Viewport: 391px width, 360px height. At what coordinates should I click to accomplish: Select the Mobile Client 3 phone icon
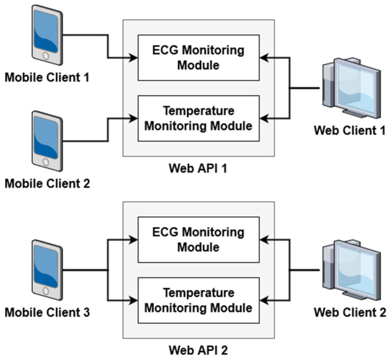tap(47, 270)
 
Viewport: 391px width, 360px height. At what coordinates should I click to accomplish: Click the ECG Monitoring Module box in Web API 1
tap(198, 58)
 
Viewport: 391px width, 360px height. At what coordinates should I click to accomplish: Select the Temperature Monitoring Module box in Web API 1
tap(198, 118)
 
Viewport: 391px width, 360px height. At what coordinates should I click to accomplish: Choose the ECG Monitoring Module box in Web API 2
tap(198, 240)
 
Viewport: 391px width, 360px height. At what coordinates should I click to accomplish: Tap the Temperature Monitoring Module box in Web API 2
tap(198, 300)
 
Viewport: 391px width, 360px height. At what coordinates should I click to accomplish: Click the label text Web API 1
tap(198, 168)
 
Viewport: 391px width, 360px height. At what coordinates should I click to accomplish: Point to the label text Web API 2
tap(198, 349)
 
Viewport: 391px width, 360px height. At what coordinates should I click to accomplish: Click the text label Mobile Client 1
tap(47, 78)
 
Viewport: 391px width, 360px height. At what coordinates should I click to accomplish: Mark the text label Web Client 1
tap(350, 130)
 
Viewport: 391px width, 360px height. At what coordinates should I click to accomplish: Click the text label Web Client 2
tap(350, 312)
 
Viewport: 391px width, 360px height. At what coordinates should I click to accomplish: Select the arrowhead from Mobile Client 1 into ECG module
tap(134, 58)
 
